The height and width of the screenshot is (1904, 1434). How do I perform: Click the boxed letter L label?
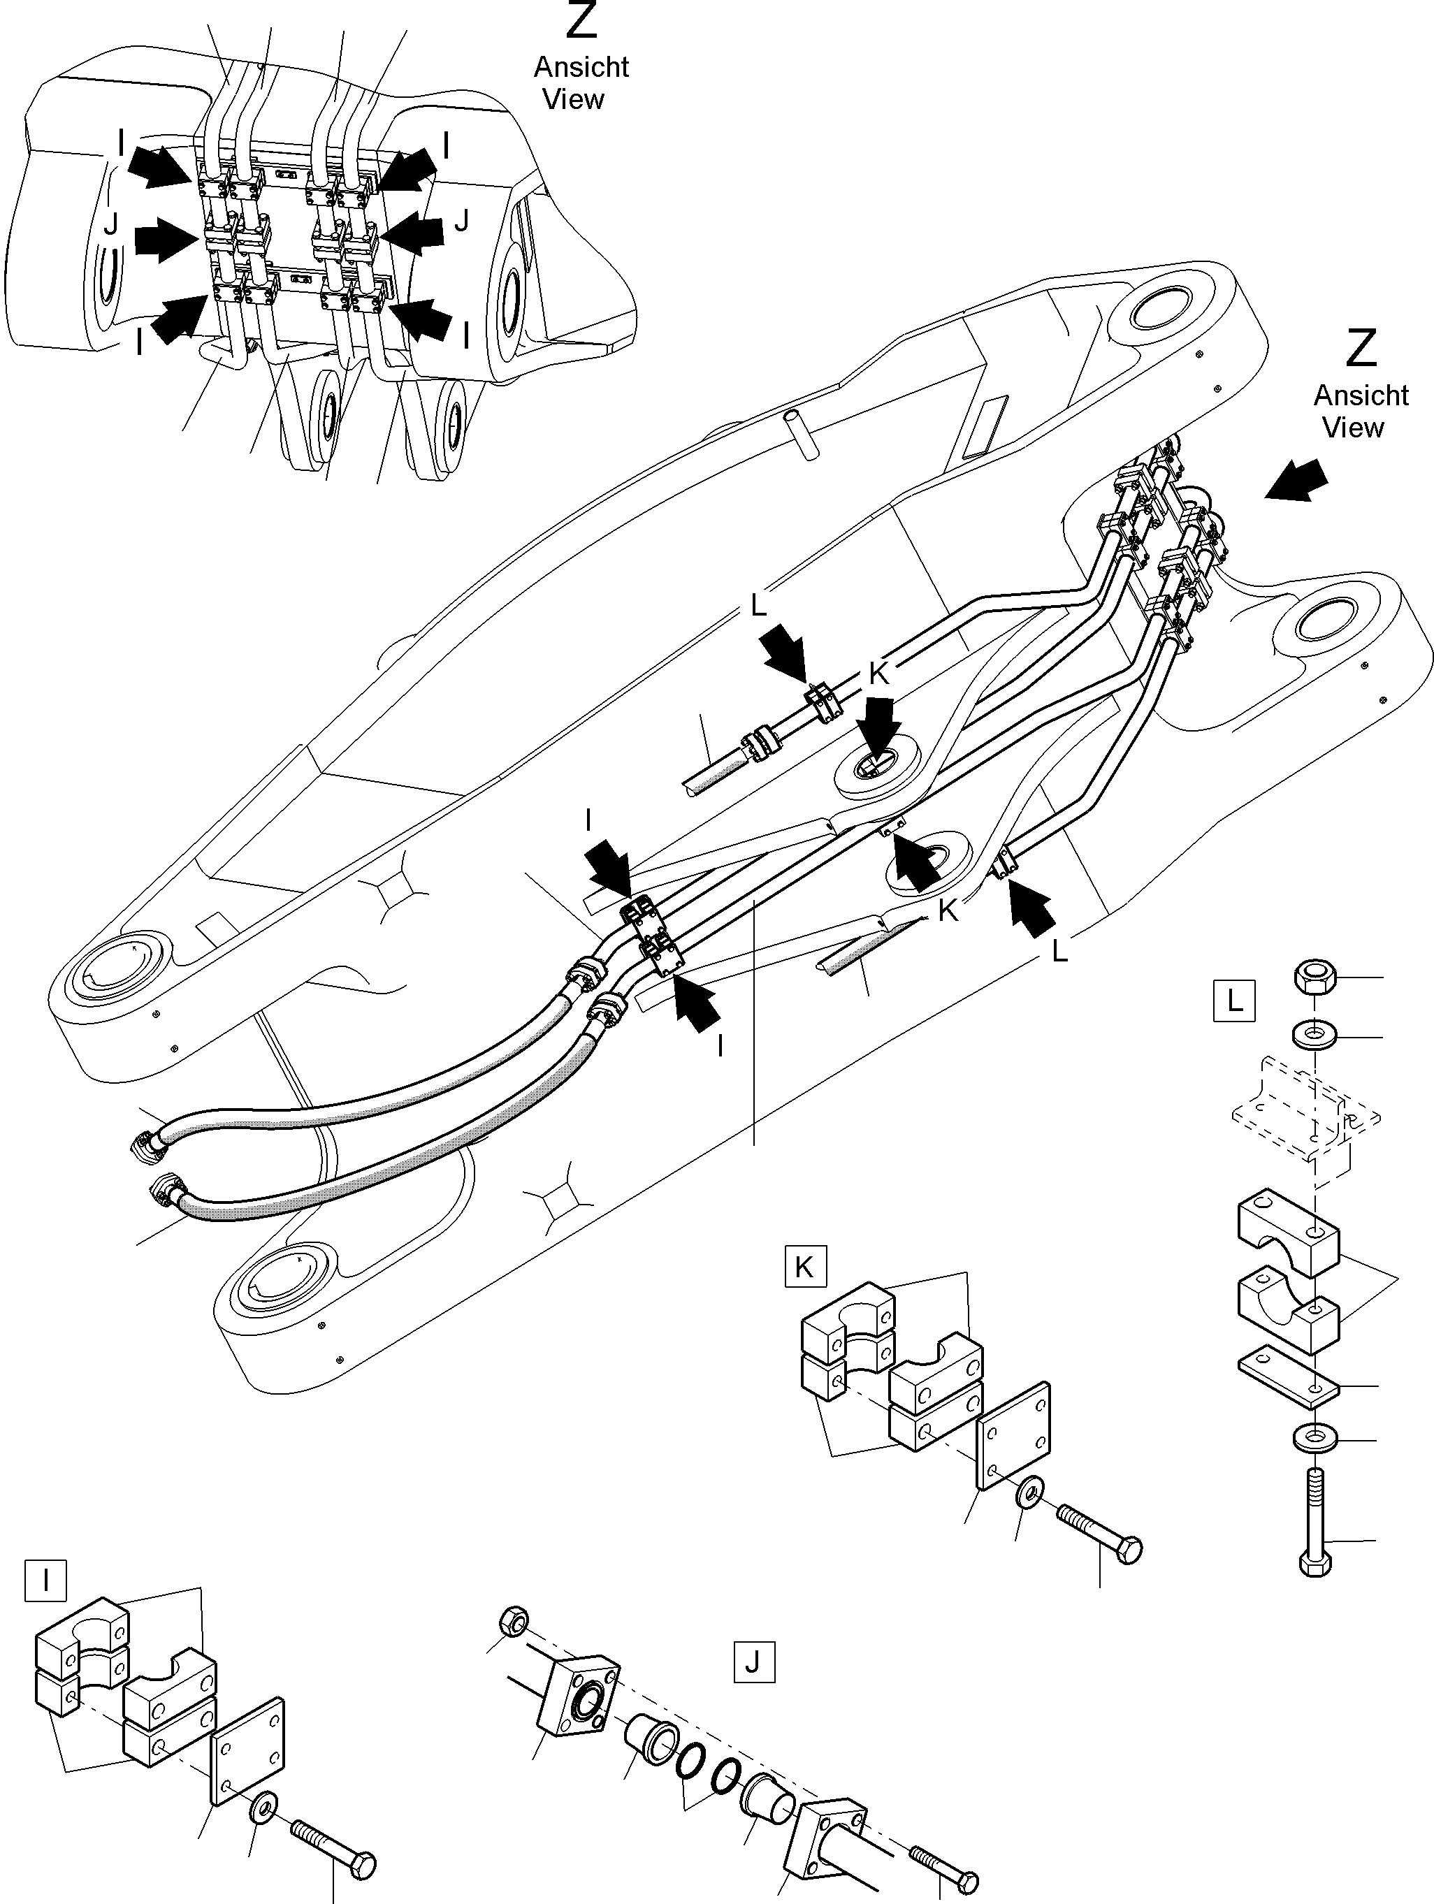tap(1233, 1000)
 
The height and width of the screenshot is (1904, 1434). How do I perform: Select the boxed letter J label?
tap(753, 1662)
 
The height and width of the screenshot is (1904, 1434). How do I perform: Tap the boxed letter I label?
tap(45, 1580)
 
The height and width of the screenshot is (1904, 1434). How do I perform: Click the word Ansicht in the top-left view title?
tap(581, 67)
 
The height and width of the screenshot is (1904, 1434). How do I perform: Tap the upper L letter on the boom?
tap(758, 606)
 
